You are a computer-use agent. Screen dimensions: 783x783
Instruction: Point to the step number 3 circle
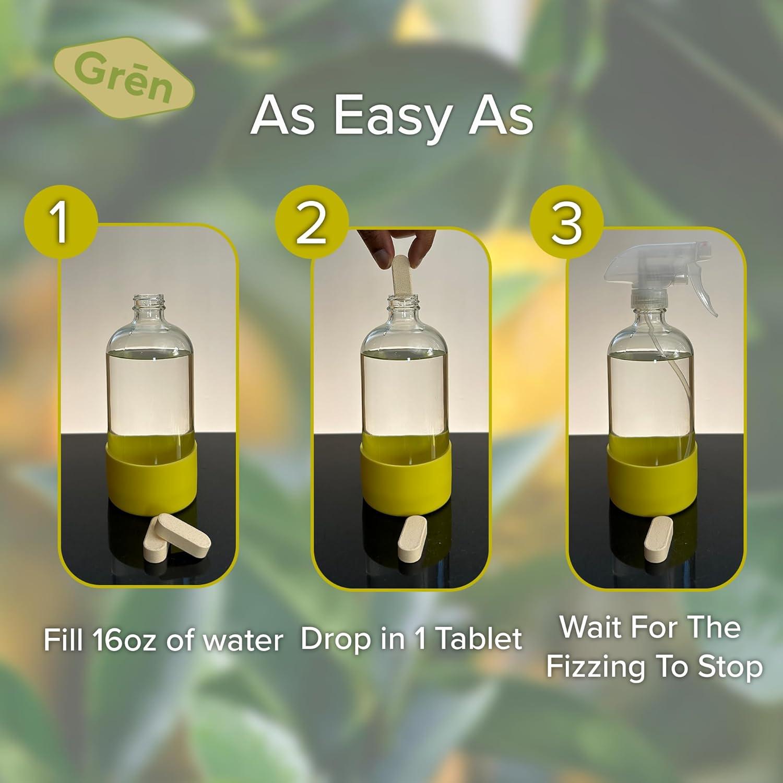[x=566, y=223]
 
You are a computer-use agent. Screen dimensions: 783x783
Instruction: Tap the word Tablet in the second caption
[x=479, y=638]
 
